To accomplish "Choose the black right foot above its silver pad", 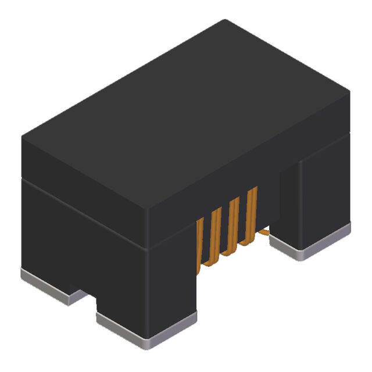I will coord(314,198).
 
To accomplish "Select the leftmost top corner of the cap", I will coord(22,137).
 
